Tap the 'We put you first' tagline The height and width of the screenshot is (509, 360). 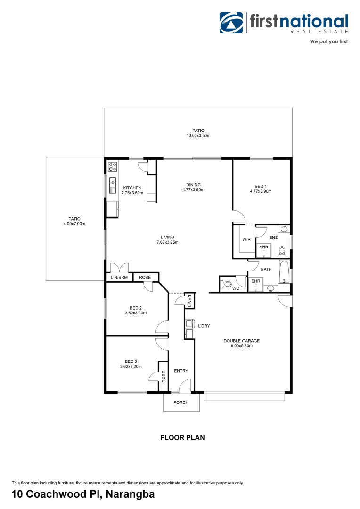328,42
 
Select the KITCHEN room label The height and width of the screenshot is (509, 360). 132,188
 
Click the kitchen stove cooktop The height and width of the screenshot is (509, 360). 113,166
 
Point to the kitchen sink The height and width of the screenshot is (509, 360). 113,185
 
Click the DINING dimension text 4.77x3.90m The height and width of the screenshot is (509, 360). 193,190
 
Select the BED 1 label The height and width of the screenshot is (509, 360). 261,186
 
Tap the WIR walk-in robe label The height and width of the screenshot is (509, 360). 246,239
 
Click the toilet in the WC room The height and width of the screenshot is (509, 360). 226,284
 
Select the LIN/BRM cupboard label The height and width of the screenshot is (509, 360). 119,278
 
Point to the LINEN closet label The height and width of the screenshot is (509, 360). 189,302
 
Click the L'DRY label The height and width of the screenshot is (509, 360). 204,326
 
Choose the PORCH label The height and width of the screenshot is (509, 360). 181,402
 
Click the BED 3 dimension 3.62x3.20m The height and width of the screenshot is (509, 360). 131,366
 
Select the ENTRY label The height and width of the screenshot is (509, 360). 181,371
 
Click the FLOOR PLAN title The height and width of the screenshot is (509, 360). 182,437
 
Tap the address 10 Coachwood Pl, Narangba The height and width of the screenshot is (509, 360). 83,494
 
